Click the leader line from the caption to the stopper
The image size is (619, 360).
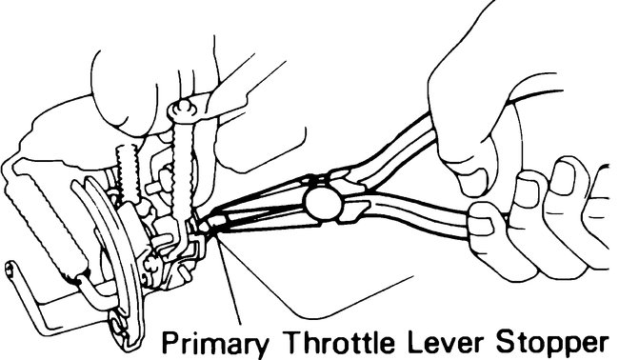[x=229, y=286]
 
